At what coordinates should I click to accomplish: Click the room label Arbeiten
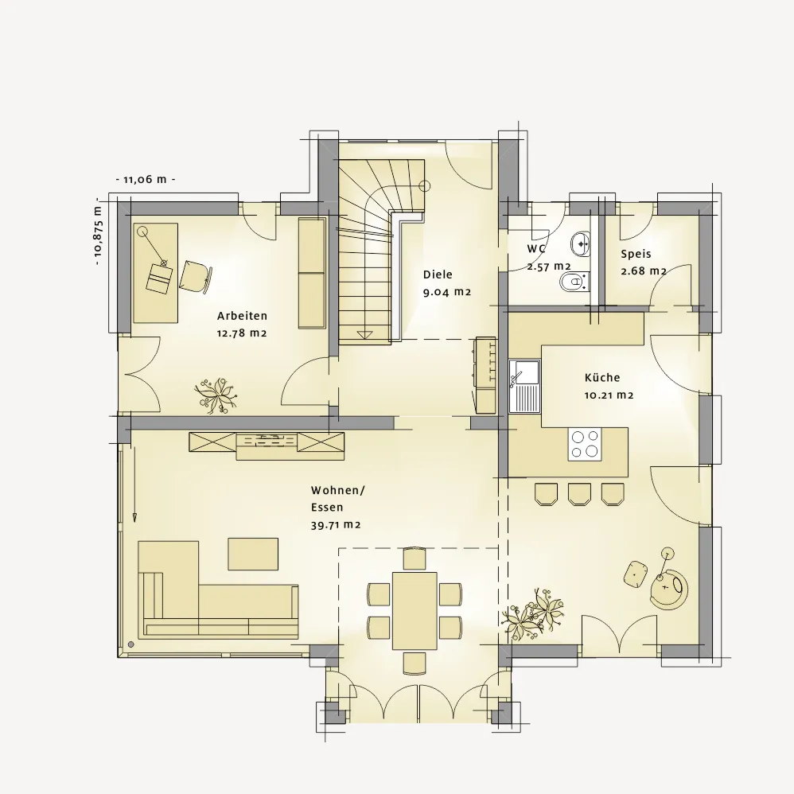[x=242, y=316]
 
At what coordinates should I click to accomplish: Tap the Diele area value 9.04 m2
[x=447, y=292]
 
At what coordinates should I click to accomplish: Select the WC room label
[x=536, y=249]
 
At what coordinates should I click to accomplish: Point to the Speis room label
[x=636, y=254]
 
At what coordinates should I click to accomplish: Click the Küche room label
[x=602, y=377]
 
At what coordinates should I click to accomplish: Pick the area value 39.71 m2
[x=336, y=525]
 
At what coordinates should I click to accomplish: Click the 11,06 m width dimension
[x=146, y=179]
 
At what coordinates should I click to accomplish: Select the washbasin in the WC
[x=581, y=243]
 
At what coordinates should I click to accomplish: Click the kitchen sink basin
[x=524, y=372]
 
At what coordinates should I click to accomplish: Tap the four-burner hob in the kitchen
[x=585, y=444]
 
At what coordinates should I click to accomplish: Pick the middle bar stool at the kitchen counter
[x=579, y=494]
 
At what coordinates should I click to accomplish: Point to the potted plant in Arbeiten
[x=216, y=395]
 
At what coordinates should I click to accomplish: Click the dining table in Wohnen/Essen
[x=415, y=610]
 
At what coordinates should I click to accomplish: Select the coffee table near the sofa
[x=253, y=554]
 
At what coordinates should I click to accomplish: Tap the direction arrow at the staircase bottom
[x=364, y=334]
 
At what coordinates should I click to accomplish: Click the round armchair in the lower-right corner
[x=669, y=589]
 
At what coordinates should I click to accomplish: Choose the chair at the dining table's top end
[x=415, y=559]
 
